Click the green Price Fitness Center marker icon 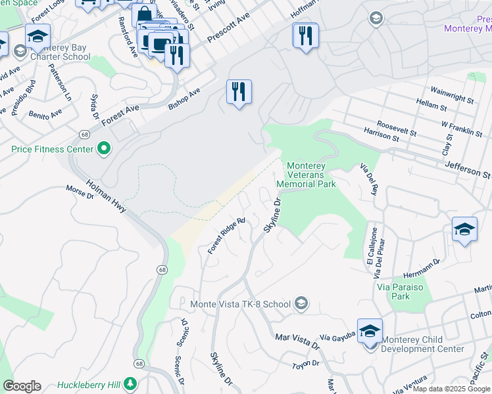click(x=103, y=150)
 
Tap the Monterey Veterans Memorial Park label click(x=311, y=175)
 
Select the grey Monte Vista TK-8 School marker click(x=301, y=303)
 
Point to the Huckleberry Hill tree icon click(x=130, y=384)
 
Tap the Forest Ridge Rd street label click(x=226, y=236)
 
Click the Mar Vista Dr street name click(x=297, y=340)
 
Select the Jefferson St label click(x=468, y=171)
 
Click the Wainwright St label click(x=452, y=95)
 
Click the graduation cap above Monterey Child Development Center click(x=370, y=330)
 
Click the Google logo click(x=22, y=386)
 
